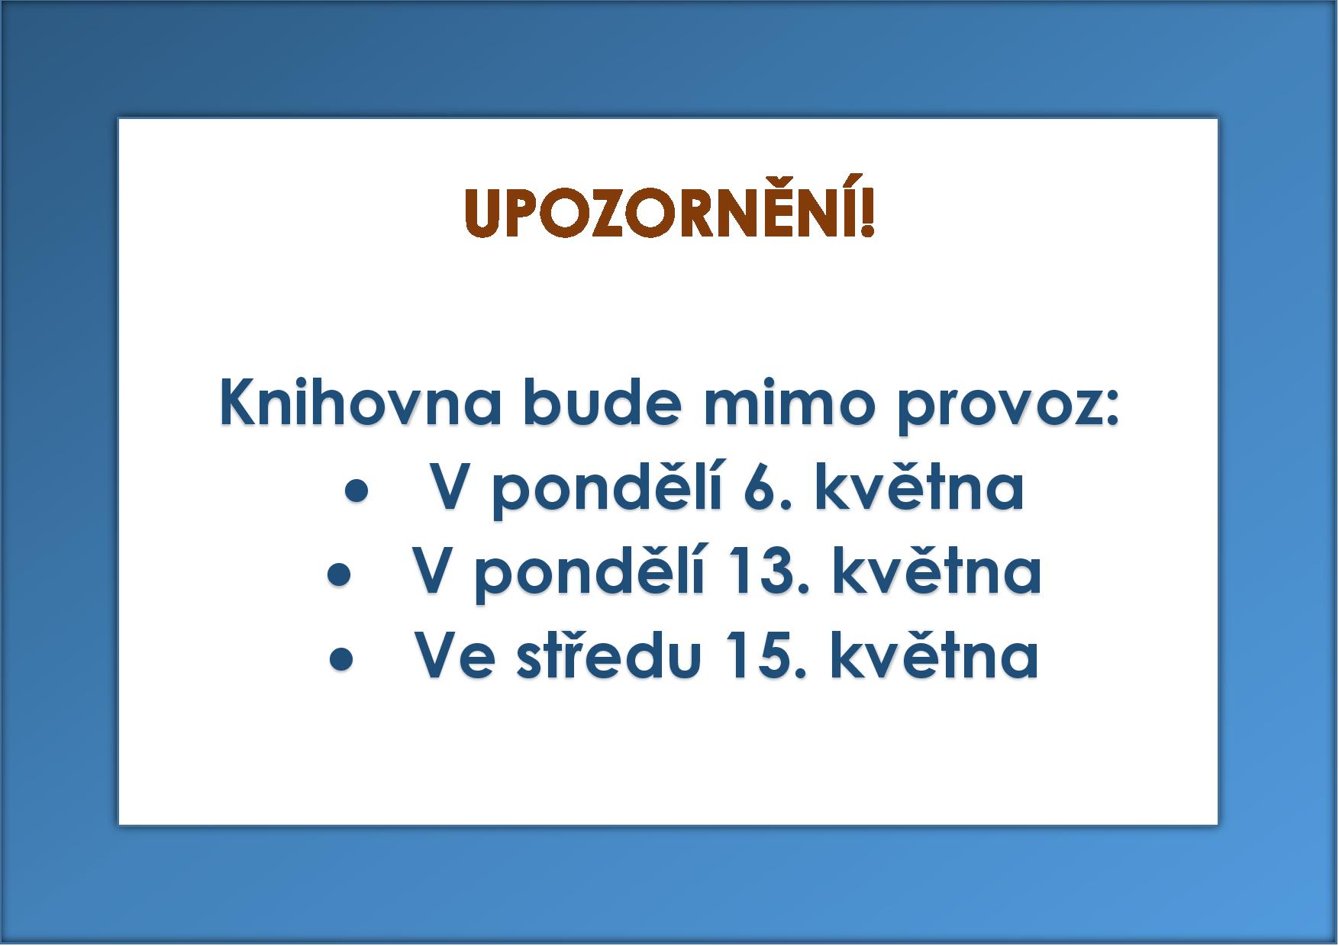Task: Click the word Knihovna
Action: [x=360, y=402]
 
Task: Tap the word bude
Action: [x=602, y=402]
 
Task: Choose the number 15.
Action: [x=766, y=656]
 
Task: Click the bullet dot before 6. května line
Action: [x=357, y=492]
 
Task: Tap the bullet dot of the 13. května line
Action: [x=339, y=576]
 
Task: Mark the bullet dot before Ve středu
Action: [x=341, y=660]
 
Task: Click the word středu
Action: [x=609, y=655]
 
